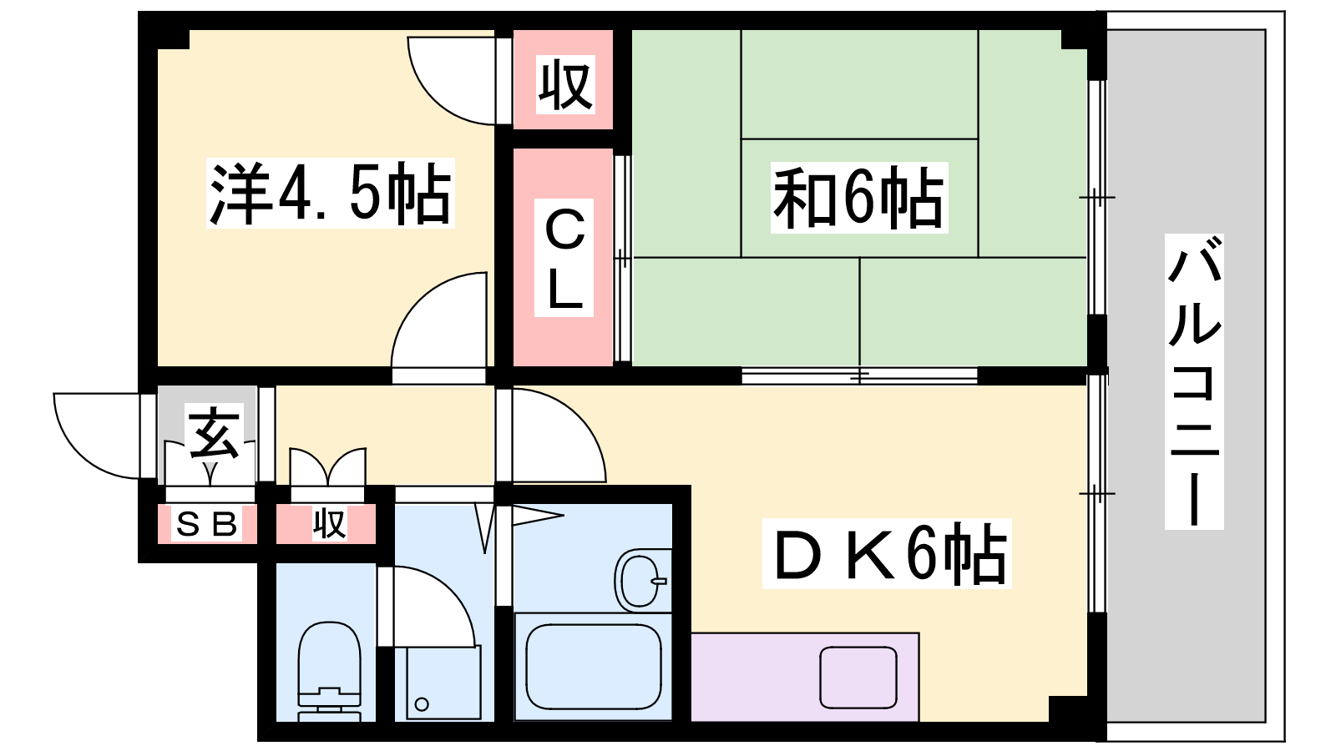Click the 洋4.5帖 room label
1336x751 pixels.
click(330, 193)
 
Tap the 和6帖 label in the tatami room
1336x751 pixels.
click(859, 197)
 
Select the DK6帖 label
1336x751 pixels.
click(887, 554)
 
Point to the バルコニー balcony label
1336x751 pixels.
click(1194, 381)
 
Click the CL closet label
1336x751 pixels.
click(564, 258)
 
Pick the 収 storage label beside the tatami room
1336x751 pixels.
click(565, 84)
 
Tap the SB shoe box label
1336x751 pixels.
click(206, 524)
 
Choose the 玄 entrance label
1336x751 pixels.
click(214, 432)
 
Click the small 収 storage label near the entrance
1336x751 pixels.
click(329, 524)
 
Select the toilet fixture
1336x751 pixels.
click(329, 672)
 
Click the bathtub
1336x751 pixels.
click(594, 667)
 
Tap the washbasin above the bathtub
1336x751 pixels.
click(641, 581)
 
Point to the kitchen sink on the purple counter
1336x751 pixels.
click(858, 678)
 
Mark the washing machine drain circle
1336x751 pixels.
click(422, 704)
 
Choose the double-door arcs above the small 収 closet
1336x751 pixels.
click(327, 466)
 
